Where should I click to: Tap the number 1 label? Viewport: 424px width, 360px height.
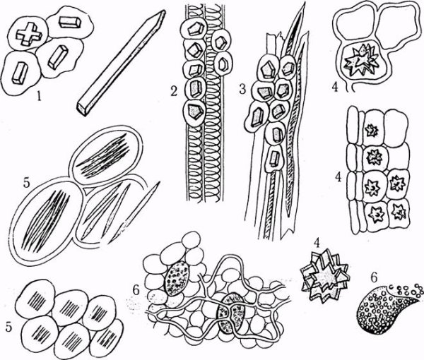[40, 96]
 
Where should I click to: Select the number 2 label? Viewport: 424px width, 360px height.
[174, 92]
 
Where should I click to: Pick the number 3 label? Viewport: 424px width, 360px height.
[242, 89]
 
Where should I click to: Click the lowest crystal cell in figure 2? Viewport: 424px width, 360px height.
[194, 111]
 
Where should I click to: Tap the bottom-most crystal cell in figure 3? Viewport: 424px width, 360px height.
[275, 159]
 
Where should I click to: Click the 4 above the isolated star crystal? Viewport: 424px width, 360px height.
[317, 244]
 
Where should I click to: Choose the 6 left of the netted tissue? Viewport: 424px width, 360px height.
[136, 290]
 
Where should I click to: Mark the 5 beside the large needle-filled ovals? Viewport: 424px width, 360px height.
[26, 183]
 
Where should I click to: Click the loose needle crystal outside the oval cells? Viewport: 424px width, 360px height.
[135, 211]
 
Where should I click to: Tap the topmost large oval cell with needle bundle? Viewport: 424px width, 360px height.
[106, 156]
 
